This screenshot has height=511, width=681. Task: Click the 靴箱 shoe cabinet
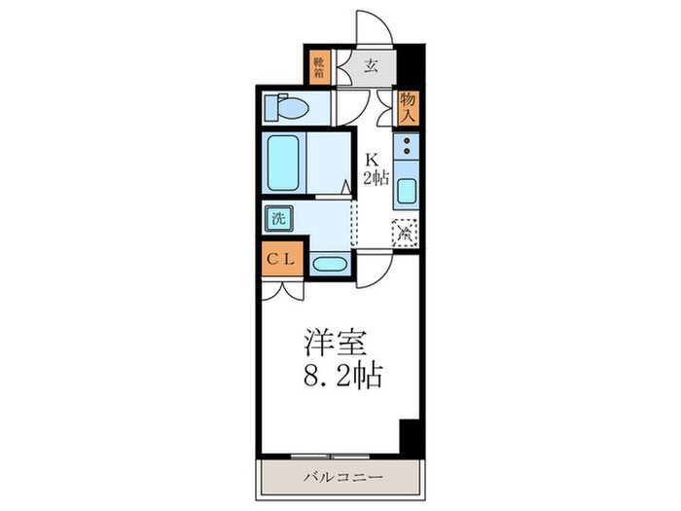click(319, 68)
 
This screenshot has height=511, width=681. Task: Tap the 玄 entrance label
click(372, 67)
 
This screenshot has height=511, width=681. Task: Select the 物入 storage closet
click(410, 107)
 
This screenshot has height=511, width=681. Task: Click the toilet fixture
click(288, 106)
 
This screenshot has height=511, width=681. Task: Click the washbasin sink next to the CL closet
click(329, 263)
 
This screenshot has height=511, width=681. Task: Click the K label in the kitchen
click(372, 160)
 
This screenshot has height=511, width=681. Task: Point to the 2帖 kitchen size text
click(377, 178)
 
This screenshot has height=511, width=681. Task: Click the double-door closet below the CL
click(283, 288)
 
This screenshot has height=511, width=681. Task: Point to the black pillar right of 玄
click(412, 67)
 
